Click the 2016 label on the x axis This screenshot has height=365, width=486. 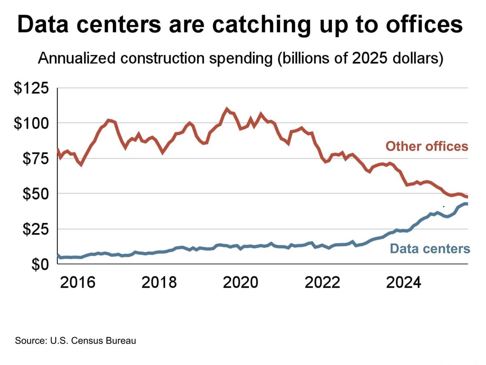(x=78, y=282)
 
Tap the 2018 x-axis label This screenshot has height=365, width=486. (x=159, y=282)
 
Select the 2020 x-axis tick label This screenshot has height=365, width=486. (x=241, y=282)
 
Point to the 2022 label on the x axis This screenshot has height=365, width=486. (x=322, y=282)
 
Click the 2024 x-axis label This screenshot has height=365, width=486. (x=403, y=282)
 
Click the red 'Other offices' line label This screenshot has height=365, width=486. (x=426, y=146)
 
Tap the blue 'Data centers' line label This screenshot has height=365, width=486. (x=430, y=248)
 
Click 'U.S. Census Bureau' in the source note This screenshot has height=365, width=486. (x=96, y=340)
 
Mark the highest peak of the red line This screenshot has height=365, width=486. (x=227, y=109)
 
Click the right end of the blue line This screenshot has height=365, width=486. (x=467, y=204)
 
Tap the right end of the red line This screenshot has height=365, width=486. (x=467, y=197)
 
